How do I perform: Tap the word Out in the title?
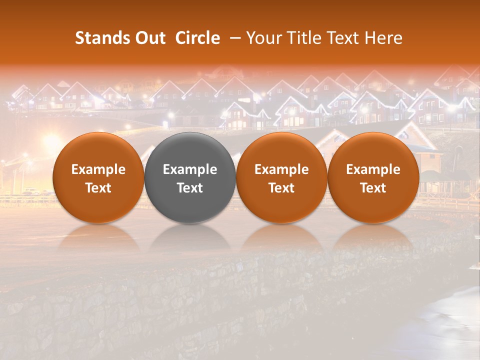coord(149,38)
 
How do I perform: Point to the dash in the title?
coord(233,38)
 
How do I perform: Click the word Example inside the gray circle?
coord(190,169)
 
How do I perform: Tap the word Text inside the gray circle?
coord(190,188)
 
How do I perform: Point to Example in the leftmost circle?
coord(98,169)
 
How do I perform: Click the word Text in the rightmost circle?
coord(373,188)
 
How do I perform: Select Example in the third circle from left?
coord(281,169)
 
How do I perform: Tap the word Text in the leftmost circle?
coord(98,188)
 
